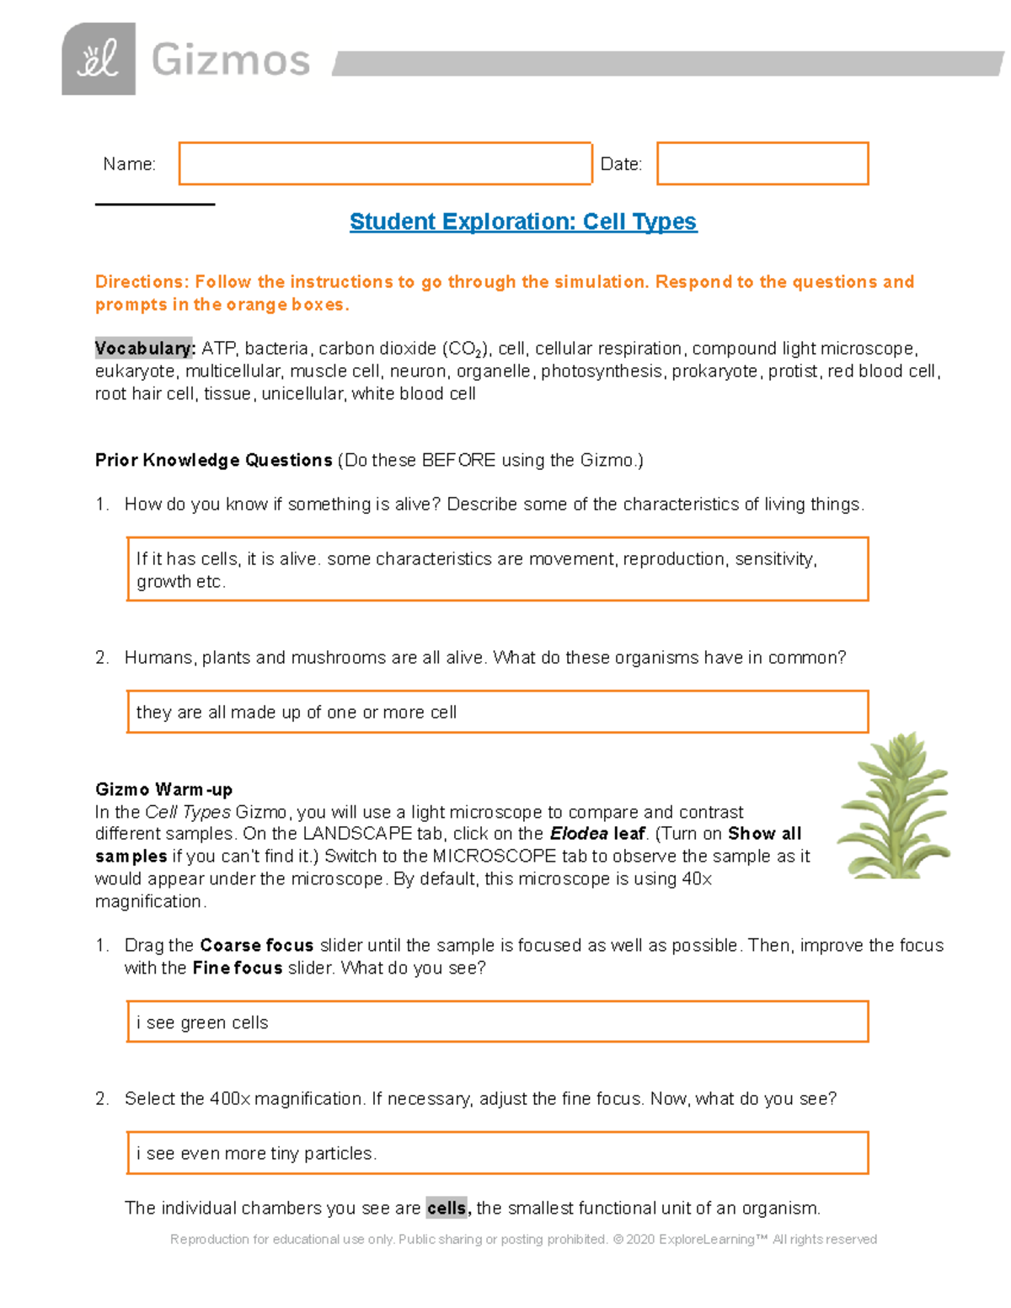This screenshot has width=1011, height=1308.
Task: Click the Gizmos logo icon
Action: point(99,59)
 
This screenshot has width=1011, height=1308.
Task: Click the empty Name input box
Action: point(385,163)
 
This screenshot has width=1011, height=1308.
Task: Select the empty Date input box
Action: point(762,163)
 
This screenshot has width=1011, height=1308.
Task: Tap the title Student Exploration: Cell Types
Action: point(522,222)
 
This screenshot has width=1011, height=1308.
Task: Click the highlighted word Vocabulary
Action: point(144,349)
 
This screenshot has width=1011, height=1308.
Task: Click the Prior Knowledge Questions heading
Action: point(213,460)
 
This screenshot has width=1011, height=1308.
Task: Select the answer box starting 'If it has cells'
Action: point(497,569)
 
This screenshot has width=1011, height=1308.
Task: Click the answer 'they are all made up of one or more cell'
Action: point(297,713)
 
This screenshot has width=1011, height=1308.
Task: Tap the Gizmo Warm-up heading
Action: point(163,789)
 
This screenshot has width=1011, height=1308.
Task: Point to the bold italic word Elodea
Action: point(578,834)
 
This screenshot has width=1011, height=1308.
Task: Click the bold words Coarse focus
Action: point(256,945)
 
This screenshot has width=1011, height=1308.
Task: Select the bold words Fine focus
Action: point(237,968)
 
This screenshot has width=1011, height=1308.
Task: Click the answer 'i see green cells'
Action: point(202,1022)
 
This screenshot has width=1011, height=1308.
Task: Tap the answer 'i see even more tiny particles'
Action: point(256,1153)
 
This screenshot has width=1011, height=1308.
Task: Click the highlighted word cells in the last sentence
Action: point(447,1208)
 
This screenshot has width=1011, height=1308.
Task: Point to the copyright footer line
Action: point(522,1239)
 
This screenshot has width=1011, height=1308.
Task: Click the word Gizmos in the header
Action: point(231,61)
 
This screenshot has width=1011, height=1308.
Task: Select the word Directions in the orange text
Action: point(141,282)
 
